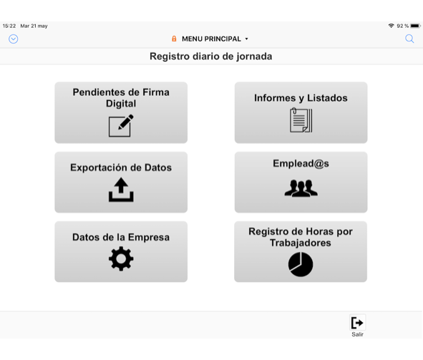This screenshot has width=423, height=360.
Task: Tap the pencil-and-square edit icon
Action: click(121, 126)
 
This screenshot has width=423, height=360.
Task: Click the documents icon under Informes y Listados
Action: click(301, 120)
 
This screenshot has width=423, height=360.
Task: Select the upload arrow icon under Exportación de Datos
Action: click(121, 190)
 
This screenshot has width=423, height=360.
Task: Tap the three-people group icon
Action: click(301, 188)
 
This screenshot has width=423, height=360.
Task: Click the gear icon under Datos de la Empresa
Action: click(121, 258)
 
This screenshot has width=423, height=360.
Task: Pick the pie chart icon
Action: click(301, 264)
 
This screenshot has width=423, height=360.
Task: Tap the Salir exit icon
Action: click(357, 323)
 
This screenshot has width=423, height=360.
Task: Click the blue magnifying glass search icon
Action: click(409, 39)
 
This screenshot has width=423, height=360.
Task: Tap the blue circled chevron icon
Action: click(13, 39)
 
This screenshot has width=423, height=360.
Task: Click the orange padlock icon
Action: click(174, 39)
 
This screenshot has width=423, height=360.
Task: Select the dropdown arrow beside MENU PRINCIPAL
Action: click(246, 39)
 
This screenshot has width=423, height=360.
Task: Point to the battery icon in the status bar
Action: click(415, 26)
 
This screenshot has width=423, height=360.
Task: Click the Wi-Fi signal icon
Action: click(392, 26)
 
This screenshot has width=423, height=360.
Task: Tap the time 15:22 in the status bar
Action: click(9, 26)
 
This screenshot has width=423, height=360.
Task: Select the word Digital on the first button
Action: click(121, 104)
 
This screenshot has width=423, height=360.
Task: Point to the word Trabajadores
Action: click(301, 243)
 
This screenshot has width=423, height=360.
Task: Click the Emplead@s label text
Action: click(301, 163)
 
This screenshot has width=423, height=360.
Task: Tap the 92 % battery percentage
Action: click(402, 26)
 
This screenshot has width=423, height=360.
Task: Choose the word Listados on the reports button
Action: click(327, 98)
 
